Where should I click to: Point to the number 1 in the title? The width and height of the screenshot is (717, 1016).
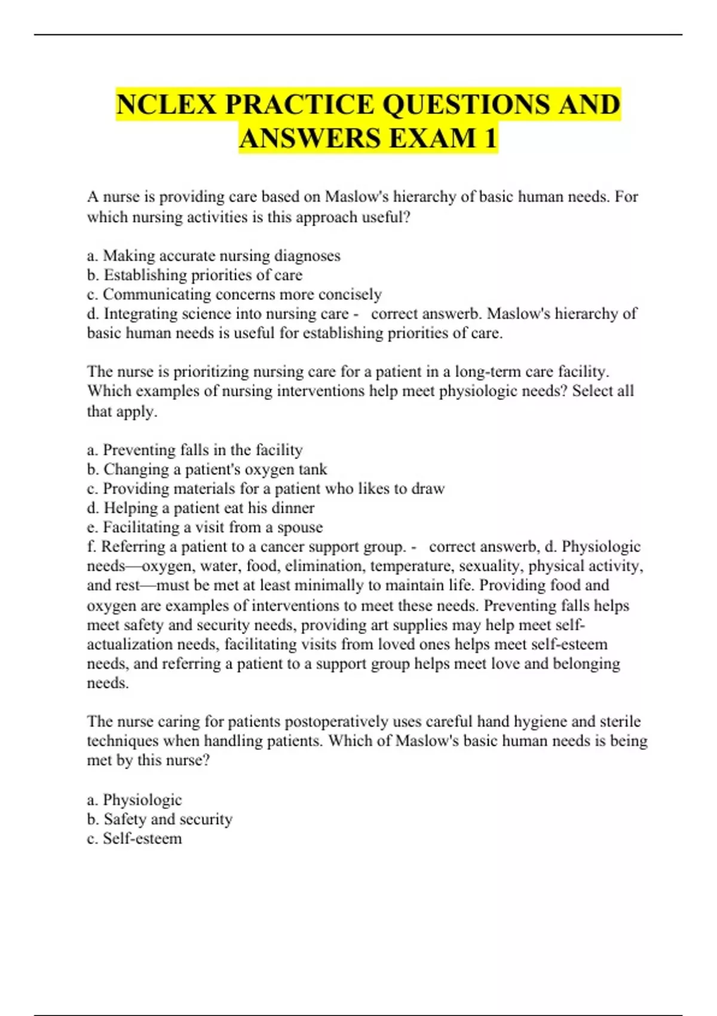pos(490,139)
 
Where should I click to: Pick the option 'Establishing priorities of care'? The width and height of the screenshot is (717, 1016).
pos(195,275)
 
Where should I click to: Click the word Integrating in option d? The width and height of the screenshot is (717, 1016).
pos(140,314)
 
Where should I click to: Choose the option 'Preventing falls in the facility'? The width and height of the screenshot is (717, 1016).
pos(195,449)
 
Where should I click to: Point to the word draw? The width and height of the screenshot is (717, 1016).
pos(428,488)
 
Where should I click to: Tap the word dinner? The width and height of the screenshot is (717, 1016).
pos(293,508)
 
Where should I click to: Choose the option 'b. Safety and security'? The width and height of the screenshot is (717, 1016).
pos(160,819)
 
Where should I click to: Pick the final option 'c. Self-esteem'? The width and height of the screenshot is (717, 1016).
pos(134,838)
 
